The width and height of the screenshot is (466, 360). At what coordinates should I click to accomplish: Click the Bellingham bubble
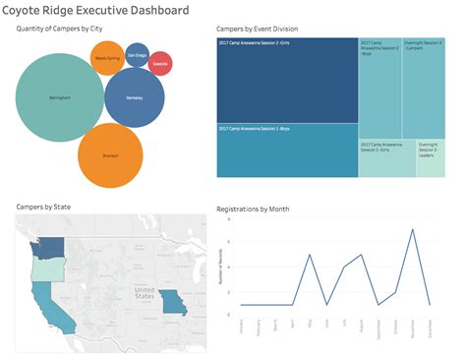[60, 99]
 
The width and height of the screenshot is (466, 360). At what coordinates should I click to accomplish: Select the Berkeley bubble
[134, 98]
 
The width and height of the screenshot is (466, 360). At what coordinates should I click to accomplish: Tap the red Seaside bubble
[160, 64]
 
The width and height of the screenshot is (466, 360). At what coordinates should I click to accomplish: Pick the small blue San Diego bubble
[137, 56]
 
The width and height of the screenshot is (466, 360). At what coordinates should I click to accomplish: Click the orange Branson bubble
[110, 155]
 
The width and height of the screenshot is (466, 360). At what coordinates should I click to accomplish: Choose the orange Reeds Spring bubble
[108, 59]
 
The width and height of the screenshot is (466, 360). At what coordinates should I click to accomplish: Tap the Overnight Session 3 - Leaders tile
[430, 158]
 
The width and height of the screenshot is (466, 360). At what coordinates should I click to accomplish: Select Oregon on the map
[43, 267]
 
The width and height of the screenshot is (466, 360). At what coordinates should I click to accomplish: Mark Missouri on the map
[173, 300]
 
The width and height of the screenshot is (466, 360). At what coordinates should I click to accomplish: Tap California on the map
[47, 299]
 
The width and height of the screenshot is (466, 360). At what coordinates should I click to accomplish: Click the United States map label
[145, 293]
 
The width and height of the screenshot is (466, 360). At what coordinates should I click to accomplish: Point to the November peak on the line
[412, 230]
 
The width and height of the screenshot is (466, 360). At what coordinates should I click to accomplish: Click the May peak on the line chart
[310, 255]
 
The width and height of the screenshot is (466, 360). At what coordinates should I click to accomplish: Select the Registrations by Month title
[259, 210]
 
